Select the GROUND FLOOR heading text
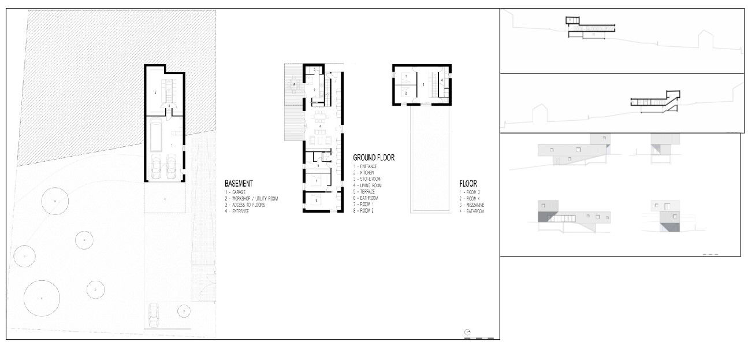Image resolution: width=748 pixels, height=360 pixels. point(374,157)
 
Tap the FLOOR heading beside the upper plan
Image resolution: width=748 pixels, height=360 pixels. point(468,184)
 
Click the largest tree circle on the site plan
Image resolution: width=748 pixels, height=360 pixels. point(42,297)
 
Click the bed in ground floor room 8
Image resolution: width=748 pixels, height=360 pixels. point(316,200)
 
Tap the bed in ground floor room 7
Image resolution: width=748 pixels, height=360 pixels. point(316,181)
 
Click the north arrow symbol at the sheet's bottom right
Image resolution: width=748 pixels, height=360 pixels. point(467,332)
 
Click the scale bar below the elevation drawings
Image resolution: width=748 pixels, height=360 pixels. point(710,254)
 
